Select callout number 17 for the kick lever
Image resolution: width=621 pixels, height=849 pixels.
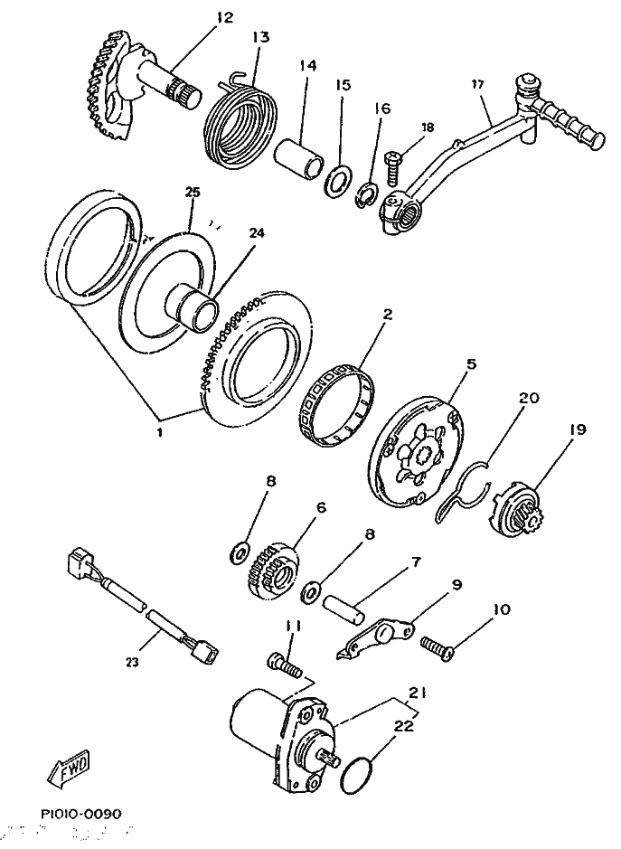(x=478, y=85)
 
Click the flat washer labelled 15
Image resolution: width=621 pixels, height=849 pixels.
(x=336, y=177)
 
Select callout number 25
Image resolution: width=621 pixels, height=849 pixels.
(x=192, y=192)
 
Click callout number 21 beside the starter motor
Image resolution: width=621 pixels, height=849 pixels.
(x=415, y=693)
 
